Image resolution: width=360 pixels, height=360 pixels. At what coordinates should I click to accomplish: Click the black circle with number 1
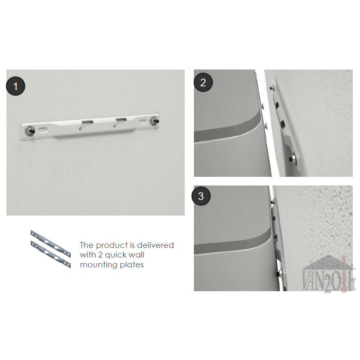(x=16, y=86)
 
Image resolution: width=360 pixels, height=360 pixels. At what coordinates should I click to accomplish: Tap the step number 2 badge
(x=203, y=82)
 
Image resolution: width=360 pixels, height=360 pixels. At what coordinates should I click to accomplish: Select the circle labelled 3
(x=201, y=196)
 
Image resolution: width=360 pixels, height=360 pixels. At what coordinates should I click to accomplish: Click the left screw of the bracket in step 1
(x=30, y=130)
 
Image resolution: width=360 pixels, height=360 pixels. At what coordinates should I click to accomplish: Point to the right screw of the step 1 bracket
(x=154, y=121)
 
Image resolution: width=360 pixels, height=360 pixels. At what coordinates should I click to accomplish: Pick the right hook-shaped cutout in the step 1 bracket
(x=120, y=121)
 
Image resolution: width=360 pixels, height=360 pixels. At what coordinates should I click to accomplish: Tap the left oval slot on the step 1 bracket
(x=43, y=130)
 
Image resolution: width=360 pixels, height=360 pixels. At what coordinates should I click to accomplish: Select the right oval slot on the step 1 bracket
(x=143, y=121)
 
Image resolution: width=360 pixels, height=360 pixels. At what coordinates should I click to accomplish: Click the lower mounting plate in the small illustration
(x=51, y=254)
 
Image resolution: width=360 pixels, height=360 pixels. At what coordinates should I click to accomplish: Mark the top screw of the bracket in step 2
(x=272, y=87)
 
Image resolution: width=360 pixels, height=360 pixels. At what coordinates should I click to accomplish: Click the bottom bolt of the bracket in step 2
(x=293, y=159)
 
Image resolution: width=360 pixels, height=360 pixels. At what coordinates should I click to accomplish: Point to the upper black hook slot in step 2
(x=277, y=105)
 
